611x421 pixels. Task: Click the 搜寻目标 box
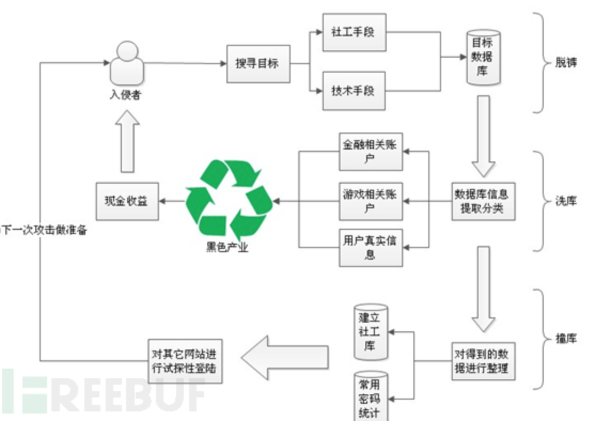pyautogui.click(x=257, y=63)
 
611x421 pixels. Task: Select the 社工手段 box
pyautogui.click(x=354, y=32)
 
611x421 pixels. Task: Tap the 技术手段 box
pyautogui.click(x=354, y=90)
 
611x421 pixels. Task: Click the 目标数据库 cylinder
pyautogui.click(x=482, y=58)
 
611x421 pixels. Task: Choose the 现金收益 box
pyautogui.click(x=127, y=201)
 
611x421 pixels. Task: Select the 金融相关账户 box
pyautogui.click(x=370, y=152)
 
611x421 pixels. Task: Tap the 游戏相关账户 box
pyautogui.click(x=370, y=201)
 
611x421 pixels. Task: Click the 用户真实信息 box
pyautogui.click(x=370, y=247)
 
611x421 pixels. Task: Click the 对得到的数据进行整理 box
pyautogui.click(x=483, y=361)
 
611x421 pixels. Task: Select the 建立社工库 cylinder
pyautogui.click(x=371, y=332)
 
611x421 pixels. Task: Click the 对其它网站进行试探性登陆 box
pyautogui.click(x=184, y=361)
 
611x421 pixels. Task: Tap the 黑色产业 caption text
pyautogui.click(x=227, y=247)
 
